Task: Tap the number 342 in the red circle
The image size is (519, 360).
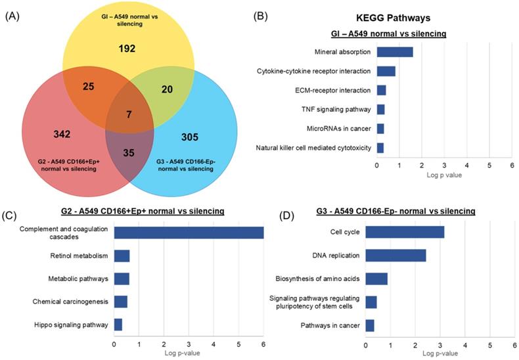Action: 62,134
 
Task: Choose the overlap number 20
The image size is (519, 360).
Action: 167,89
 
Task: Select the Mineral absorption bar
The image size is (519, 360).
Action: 394,52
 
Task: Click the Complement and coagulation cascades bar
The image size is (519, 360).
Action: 189,233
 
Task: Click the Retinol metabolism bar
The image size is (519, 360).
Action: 122,256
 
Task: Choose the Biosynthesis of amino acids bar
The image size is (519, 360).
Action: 376,279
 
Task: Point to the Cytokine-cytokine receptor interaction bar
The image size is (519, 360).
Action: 386,71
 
